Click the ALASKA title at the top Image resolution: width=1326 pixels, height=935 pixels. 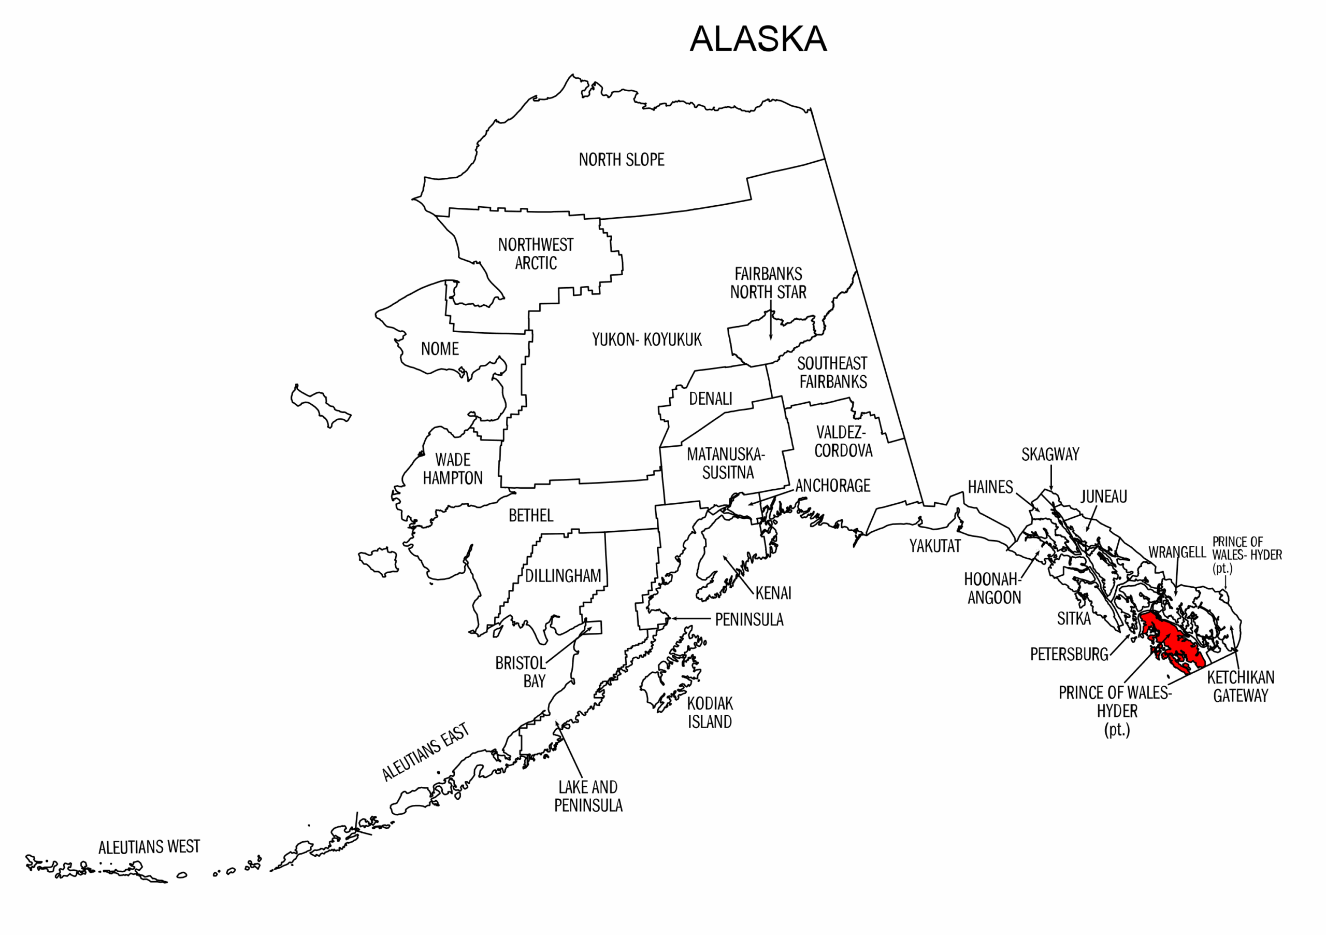pos(758,39)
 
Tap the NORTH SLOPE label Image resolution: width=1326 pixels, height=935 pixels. pos(622,160)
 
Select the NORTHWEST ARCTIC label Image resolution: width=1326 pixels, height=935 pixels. pos(536,253)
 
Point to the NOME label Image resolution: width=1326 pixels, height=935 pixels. pos(440,349)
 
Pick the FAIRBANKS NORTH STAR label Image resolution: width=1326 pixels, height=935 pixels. pos(768,282)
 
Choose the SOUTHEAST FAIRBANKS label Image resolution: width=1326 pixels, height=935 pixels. pos(832,372)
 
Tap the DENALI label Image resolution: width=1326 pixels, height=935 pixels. pos(710,399)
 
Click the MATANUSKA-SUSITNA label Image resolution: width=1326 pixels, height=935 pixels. pos(726,463)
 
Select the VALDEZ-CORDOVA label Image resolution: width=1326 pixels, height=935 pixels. pos(843,442)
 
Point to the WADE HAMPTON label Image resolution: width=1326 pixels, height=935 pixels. pos(452,469)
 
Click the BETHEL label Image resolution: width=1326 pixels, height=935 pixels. pos(530,516)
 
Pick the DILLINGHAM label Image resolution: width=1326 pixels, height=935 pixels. pos(563,576)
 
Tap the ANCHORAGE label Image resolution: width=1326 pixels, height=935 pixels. pos(832,486)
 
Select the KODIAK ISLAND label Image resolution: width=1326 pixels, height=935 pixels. pos(710,713)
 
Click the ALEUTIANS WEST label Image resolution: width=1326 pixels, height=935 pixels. pos(149,847)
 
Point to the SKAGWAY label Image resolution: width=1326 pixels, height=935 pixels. pos(1050,455)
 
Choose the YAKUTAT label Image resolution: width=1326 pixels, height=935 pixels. pos(935,546)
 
